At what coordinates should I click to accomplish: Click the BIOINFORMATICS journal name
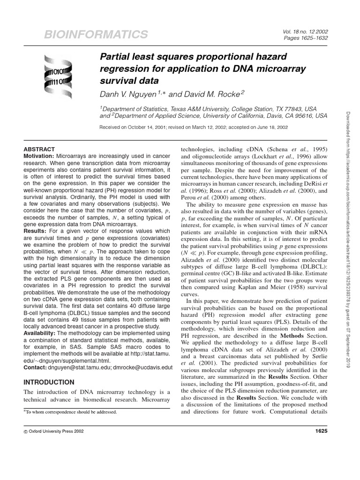pyautogui.click(x=96, y=34)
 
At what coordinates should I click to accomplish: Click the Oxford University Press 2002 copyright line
pyautogui.click(x=56, y=431)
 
